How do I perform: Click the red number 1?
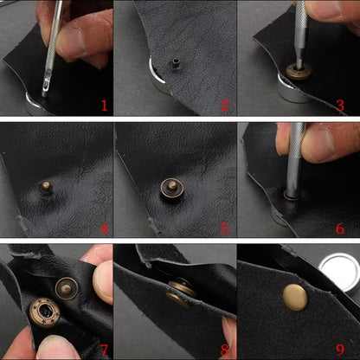[x=104, y=106]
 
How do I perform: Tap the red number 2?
[x=224, y=106]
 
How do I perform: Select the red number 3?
[x=340, y=106]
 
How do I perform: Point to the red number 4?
[x=104, y=228]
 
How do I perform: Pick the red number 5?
[x=224, y=228]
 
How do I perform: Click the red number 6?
[x=340, y=228]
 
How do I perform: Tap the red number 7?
[x=104, y=350]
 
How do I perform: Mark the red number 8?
[x=224, y=350]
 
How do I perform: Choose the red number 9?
[x=340, y=350]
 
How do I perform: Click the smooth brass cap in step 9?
[x=295, y=297]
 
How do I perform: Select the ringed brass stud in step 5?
[x=172, y=188]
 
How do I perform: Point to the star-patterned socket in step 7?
[x=45, y=313]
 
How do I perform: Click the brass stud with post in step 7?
[x=67, y=289]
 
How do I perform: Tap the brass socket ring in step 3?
[x=299, y=71]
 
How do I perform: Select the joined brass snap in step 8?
[x=180, y=292]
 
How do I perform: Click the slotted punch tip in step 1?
[x=46, y=86]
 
